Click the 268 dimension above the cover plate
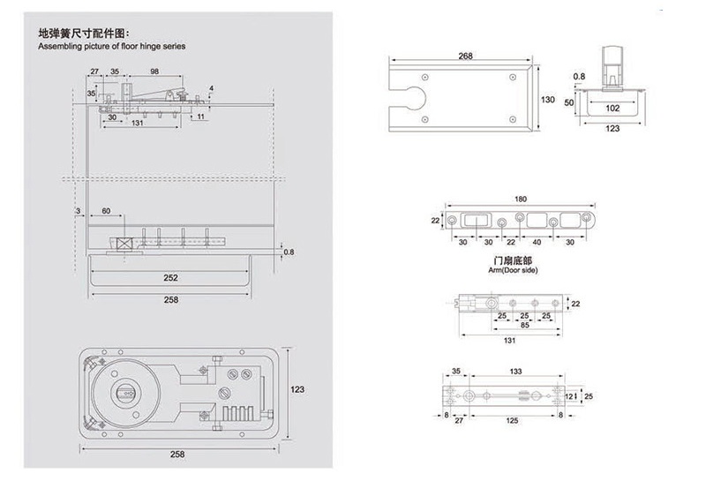(x=465, y=56)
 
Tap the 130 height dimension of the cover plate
(x=547, y=100)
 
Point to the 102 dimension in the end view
(x=612, y=108)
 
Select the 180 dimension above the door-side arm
(x=520, y=199)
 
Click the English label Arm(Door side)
(x=513, y=270)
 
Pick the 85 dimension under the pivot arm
(x=524, y=325)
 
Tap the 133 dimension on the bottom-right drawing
(x=515, y=372)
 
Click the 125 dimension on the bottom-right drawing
(x=512, y=420)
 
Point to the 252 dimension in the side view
(x=170, y=278)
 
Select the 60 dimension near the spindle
(x=106, y=211)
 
